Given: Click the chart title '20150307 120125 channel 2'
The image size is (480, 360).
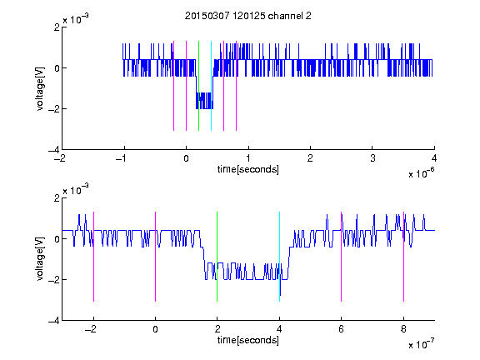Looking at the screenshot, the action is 248,16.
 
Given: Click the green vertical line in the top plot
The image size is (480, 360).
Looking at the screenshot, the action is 198,86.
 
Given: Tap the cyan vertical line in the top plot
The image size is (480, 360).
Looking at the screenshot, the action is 211,86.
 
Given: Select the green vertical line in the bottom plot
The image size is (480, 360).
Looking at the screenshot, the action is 217,257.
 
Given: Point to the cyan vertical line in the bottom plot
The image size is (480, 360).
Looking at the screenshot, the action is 279,257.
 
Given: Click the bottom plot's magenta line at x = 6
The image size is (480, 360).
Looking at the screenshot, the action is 342,257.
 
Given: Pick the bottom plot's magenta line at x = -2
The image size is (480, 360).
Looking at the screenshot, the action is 93,257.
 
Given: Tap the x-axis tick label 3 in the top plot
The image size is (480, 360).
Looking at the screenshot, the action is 372,158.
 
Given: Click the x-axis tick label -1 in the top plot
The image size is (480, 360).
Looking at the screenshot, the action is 122,158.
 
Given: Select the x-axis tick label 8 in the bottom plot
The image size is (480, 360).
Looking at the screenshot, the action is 403,329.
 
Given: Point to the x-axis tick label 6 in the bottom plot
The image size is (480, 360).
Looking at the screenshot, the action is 342,329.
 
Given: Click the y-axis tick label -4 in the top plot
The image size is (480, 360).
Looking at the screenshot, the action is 54,150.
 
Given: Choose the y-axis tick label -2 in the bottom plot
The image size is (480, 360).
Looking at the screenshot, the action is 54,279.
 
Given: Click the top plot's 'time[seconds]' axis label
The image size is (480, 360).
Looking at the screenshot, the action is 248,169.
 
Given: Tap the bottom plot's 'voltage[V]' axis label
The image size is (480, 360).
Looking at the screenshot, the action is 40,258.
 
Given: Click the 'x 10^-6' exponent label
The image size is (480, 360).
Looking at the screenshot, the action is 421,173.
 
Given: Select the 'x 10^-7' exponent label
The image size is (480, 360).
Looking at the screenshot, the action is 421,344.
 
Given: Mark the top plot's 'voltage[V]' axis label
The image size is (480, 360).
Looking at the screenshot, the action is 40,88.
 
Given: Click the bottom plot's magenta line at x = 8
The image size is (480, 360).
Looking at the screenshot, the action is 404,257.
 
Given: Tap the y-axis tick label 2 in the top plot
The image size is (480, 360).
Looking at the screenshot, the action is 57,27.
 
